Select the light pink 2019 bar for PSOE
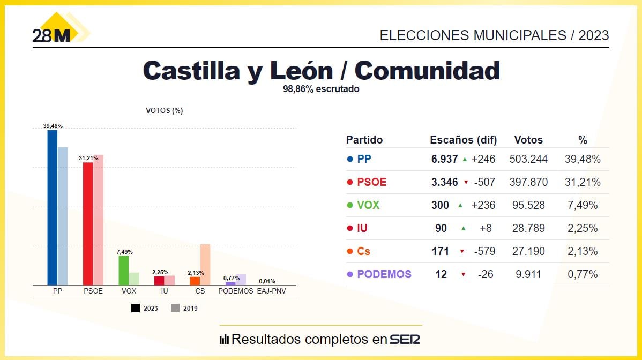tap(98, 220)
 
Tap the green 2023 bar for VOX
tap(123, 271)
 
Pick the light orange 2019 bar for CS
tap(205, 265)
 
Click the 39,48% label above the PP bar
tap(53, 126)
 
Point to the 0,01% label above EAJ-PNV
tap(267, 281)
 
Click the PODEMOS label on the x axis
tap(235, 291)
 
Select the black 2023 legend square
tap(136, 308)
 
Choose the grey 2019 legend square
tap(175, 308)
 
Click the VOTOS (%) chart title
tap(165, 111)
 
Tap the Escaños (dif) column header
tap(464, 140)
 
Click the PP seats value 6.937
tap(444, 159)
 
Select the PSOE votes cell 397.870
tap(528, 182)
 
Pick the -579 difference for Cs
tap(484, 251)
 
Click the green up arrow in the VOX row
tap(460, 205)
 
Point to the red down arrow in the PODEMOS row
tap(463, 274)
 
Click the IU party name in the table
tap(362, 228)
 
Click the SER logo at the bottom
tap(405, 340)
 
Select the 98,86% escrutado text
tap(321, 89)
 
